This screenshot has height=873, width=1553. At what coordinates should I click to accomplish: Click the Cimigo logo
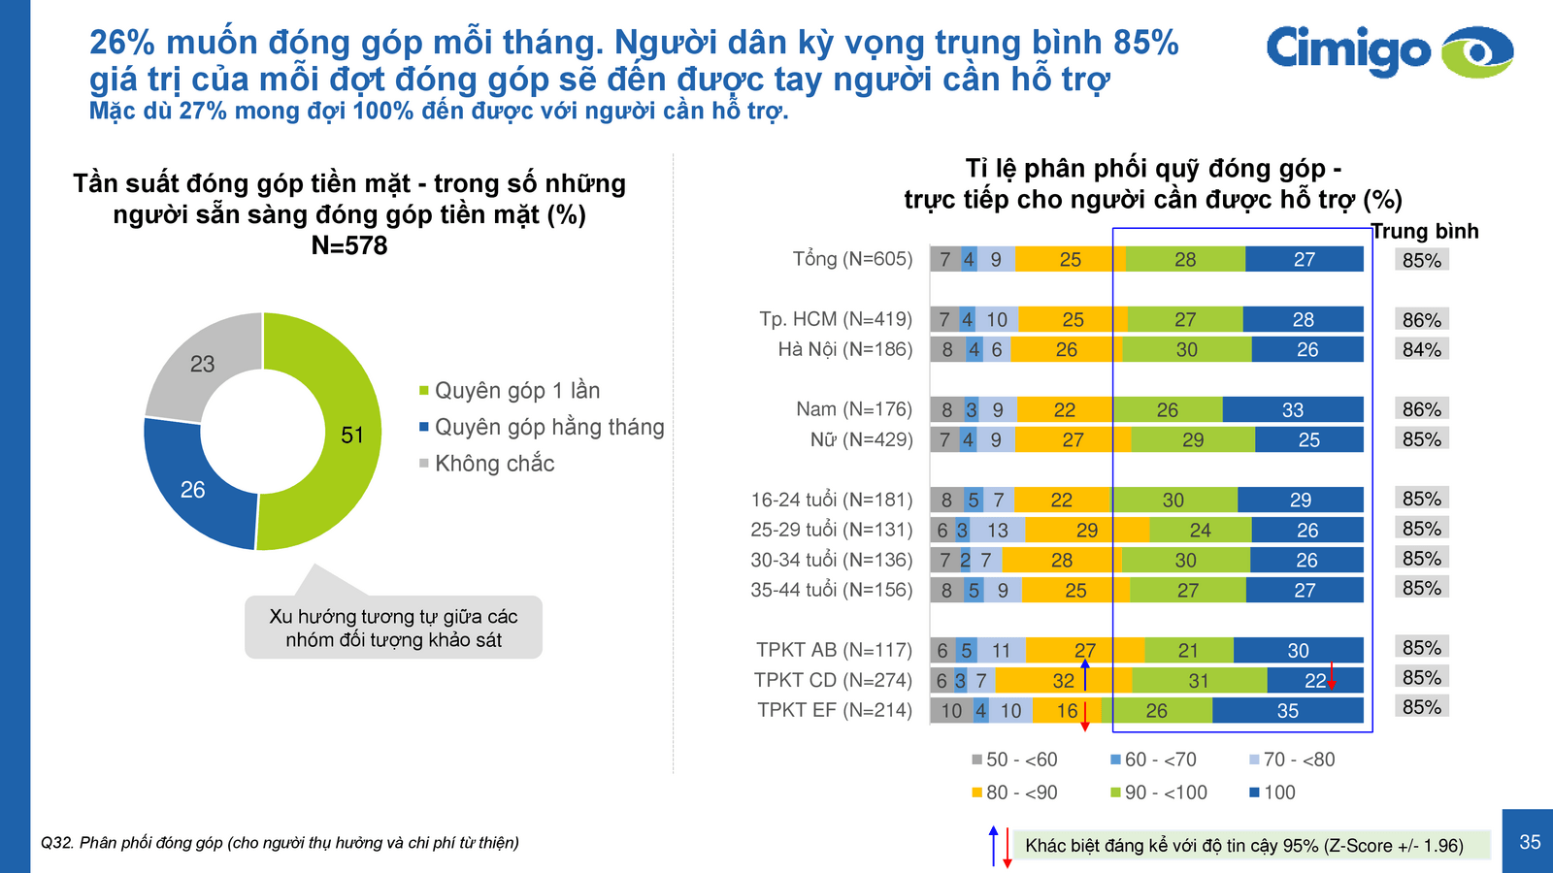click(x=1388, y=51)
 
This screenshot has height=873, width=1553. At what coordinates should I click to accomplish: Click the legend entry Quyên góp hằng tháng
click(x=548, y=427)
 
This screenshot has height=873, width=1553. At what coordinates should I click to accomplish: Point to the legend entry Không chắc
click(x=494, y=464)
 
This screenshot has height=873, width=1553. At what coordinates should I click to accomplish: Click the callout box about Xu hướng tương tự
click(x=393, y=628)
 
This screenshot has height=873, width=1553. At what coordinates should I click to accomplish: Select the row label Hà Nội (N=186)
click(x=844, y=349)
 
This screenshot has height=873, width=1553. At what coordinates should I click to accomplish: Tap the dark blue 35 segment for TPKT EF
click(x=1287, y=711)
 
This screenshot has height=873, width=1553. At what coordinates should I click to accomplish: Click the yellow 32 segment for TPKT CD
click(x=1064, y=681)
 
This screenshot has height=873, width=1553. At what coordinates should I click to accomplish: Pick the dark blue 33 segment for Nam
click(x=1292, y=410)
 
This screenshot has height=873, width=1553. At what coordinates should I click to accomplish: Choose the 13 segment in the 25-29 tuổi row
click(x=998, y=531)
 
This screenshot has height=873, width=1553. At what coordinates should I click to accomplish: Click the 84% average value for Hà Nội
click(x=1421, y=349)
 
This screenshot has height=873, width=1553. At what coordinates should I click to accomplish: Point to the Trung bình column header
click(x=1425, y=231)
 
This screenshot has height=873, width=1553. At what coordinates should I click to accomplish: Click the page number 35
click(x=1530, y=842)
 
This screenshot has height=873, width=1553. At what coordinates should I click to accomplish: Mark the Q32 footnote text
click(x=280, y=843)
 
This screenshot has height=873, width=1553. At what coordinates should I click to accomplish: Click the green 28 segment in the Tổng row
click(x=1185, y=260)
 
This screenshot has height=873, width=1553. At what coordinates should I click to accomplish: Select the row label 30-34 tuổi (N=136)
click(x=831, y=560)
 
